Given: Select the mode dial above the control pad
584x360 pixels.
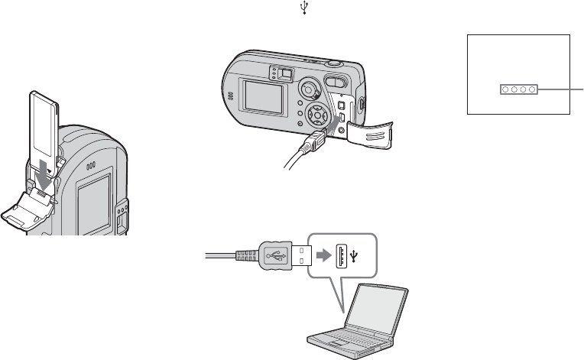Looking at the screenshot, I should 309,89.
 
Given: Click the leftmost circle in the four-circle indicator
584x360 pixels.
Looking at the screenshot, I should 506,90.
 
